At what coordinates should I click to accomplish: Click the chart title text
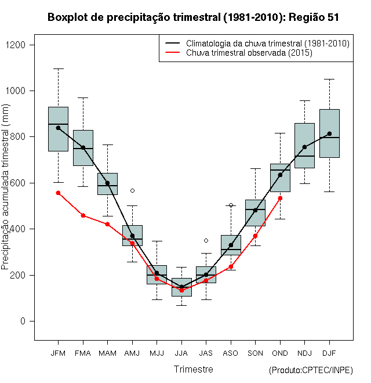click(x=193, y=17)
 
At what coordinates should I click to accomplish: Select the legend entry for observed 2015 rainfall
click(x=249, y=53)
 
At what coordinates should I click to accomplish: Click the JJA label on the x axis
click(x=181, y=353)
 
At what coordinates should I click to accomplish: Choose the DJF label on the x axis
click(x=329, y=353)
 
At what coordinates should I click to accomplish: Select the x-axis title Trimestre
click(x=193, y=369)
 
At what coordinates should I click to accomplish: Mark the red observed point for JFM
click(x=58, y=193)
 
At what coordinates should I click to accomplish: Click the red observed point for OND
click(x=280, y=198)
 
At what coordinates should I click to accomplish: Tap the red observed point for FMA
click(x=83, y=215)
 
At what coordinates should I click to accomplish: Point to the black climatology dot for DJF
click(x=329, y=133)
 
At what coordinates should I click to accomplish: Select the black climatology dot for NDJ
click(x=304, y=147)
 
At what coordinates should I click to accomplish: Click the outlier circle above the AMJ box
click(x=132, y=190)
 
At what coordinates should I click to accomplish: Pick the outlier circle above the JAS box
click(x=206, y=240)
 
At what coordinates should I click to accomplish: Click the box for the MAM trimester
click(x=107, y=184)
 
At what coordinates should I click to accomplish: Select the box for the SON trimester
click(x=255, y=212)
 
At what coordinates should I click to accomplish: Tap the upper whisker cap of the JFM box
click(x=58, y=68)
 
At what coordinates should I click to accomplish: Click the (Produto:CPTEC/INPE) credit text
click(x=311, y=370)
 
